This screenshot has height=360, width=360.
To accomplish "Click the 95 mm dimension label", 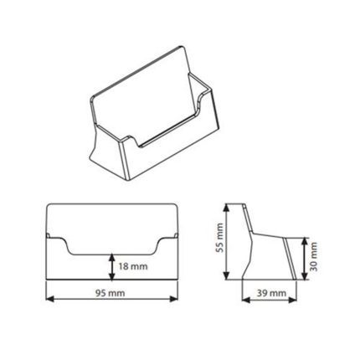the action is tap(111, 293).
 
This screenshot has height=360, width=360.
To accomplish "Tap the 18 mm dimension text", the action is tap(133, 266).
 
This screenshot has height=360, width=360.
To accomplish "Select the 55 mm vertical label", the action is tap(220, 238).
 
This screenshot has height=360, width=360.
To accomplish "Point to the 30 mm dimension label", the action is tap(314, 257).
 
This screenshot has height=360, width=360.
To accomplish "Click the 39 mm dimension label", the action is tap(271, 293).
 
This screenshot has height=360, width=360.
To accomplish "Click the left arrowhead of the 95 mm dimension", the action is tap(49, 299).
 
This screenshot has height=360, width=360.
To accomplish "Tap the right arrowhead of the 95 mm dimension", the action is tap(174, 299).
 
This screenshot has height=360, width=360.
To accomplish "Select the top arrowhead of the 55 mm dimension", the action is tap(228, 208).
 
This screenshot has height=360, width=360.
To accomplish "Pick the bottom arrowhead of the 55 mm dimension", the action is tap(228, 275).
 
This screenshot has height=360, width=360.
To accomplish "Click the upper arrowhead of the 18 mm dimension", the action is tap(112, 258).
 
